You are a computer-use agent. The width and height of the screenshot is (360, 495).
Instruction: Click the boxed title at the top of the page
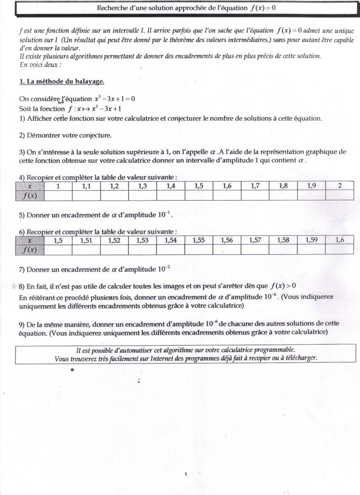click(187, 8)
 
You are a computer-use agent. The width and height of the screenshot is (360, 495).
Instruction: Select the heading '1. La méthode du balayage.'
click(61, 82)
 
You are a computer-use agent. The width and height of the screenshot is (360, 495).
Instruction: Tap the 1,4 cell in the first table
click(171, 186)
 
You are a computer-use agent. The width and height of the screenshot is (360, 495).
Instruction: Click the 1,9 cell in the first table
click(311, 186)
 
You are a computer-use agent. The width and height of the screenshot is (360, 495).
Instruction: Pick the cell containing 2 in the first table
click(340, 186)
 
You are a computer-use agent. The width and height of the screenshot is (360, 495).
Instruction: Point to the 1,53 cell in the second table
click(142, 240)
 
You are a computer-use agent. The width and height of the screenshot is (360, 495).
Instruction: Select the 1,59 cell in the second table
click(311, 240)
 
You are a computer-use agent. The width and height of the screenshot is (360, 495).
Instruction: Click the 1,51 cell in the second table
click(86, 240)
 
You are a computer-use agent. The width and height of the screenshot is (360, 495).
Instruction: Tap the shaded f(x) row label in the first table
click(30, 195)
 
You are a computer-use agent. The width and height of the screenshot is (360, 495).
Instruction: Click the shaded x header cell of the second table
click(30, 240)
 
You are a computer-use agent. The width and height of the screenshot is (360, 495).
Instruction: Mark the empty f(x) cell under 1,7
click(255, 195)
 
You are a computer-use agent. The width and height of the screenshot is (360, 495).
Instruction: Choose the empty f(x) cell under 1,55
click(199, 249)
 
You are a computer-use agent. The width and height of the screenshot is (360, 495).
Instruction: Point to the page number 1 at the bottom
click(186, 461)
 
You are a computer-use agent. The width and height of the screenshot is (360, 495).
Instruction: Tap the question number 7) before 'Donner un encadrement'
click(22, 269)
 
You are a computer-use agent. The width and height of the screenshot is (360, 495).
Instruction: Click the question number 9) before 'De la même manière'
click(22, 323)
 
